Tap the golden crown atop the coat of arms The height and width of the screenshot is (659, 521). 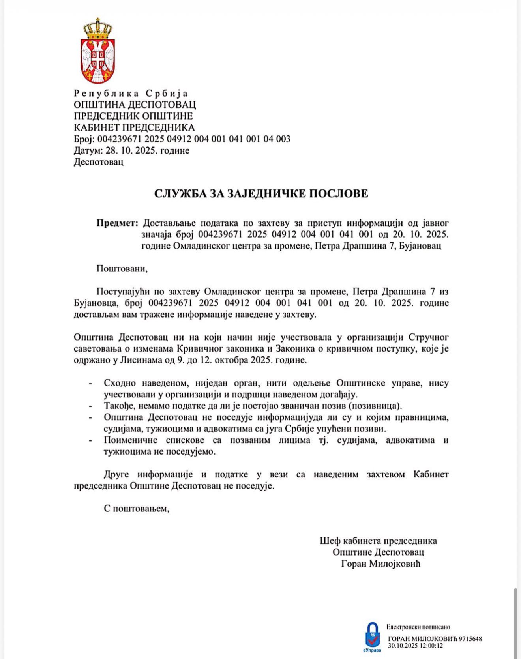pos(97,29)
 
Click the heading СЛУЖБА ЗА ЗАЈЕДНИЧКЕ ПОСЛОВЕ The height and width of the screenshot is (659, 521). pos(261,193)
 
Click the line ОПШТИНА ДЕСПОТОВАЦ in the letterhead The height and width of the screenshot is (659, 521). pos(135,105)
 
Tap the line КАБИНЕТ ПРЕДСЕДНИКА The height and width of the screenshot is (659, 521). pos(134,127)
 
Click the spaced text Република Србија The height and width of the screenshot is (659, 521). pos(131,94)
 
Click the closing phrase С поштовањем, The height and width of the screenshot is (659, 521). pos(136,508)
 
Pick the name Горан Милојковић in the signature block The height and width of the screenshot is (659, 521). pos(381,564)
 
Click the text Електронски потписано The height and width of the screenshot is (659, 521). pos(418,627)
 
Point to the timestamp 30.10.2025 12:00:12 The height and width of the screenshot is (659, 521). pos(415,646)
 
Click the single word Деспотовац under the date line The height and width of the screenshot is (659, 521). pos(98,162)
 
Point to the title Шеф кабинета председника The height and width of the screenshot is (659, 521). pos(378,541)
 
